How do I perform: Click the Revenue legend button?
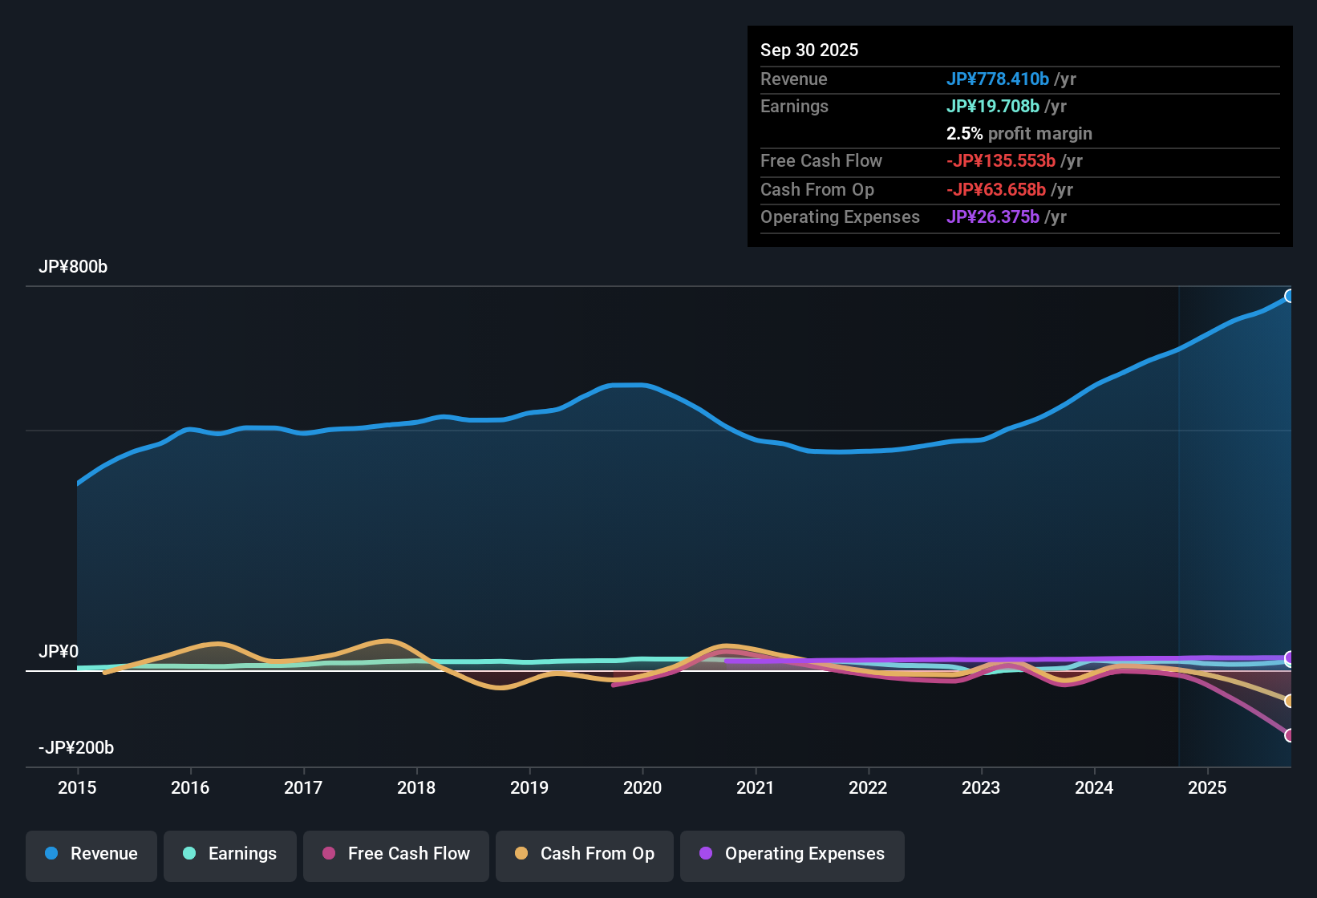[x=91, y=854]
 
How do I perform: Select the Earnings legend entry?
[x=230, y=854]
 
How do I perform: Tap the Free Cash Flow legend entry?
[x=396, y=854]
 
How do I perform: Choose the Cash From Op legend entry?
[x=585, y=854]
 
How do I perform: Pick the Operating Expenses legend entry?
[x=792, y=854]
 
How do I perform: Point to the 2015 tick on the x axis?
[x=77, y=787]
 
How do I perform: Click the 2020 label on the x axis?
[x=642, y=787]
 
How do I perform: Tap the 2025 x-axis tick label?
[x=1207, y=787]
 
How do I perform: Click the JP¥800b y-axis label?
[x=73, y=267]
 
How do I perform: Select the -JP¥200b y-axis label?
[x=76, y=748]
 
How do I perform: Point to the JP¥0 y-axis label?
[x=59, y=652]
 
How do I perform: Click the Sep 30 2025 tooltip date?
[x=809, y=51]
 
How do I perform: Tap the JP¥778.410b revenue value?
[x=998, y=79]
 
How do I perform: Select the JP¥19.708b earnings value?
[x=993, y=107]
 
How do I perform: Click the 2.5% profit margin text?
[x=1019, y=134]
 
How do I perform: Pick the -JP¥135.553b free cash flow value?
[x=1001, y=161]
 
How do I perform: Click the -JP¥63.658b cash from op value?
[x=996, y=190]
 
